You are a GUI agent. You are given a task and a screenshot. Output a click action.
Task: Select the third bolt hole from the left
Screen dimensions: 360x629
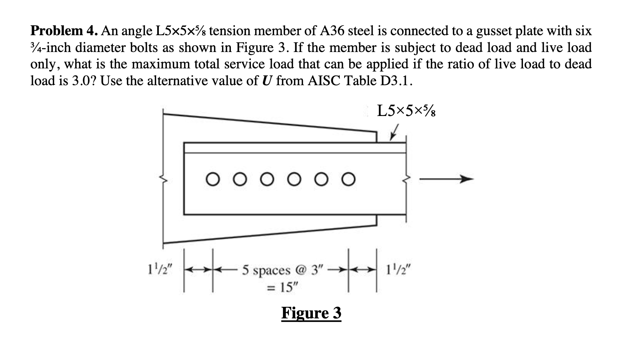click(x=267, y=179)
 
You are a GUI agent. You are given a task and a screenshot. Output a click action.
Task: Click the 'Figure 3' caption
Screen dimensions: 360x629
click(x=311, y=313)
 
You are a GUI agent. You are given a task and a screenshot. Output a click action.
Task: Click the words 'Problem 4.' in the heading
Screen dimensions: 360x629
click(x=64, y=30)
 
